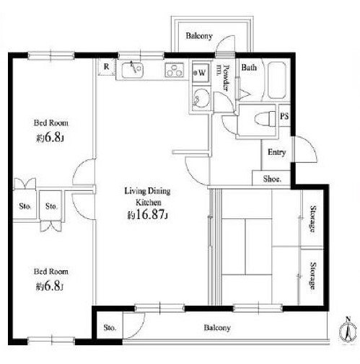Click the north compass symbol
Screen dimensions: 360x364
348,332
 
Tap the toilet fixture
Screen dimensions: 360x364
265,119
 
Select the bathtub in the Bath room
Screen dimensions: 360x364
277,81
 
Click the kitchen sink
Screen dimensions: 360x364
133,70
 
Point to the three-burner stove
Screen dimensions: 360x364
175,70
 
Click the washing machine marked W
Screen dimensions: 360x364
201,73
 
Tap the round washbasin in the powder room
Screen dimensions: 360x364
201,98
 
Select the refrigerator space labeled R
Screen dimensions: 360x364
107,67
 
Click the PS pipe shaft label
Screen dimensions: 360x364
284,116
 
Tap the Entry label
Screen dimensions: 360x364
276,152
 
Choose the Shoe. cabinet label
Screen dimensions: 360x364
272,179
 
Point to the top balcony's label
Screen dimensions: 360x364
199,36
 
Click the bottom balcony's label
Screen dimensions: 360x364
217,328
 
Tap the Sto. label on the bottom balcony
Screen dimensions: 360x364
110,327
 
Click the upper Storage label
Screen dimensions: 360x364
312,218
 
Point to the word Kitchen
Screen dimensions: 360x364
149,203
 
